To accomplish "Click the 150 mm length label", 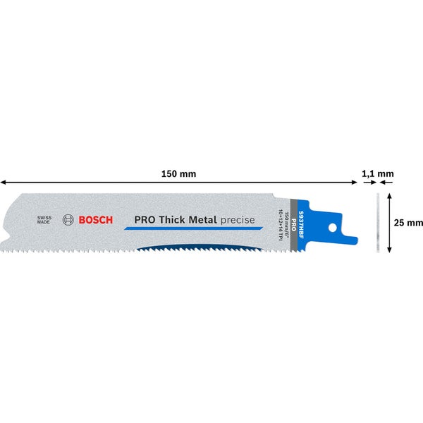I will point(179,173).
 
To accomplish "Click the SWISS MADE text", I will point(45,220).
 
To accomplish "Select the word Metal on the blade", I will point(204,220).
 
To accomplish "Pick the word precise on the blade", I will point(238,220).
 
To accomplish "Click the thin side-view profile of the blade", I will point(378,223).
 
